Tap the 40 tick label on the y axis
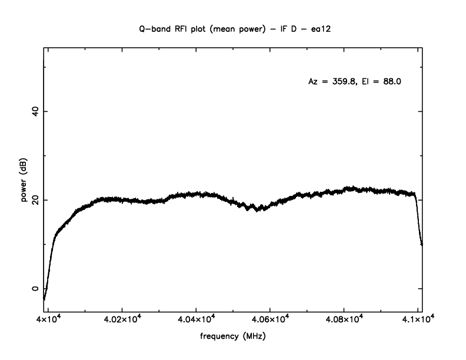coord(34,111)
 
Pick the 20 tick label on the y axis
coord(34,200)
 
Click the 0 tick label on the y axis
coord(34,289)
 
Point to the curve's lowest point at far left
coord(44,299)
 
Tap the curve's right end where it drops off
coord(421,243)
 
